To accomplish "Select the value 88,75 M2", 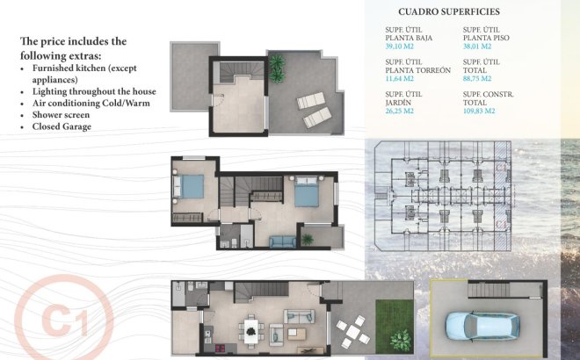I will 478,79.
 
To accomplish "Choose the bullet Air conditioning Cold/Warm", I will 91,103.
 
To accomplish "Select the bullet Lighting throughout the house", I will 93,91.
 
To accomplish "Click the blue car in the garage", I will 475,327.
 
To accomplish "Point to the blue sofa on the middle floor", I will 283,242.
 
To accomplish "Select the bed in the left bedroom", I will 190,185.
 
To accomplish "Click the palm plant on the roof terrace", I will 278,63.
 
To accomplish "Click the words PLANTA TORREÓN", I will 418,69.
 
